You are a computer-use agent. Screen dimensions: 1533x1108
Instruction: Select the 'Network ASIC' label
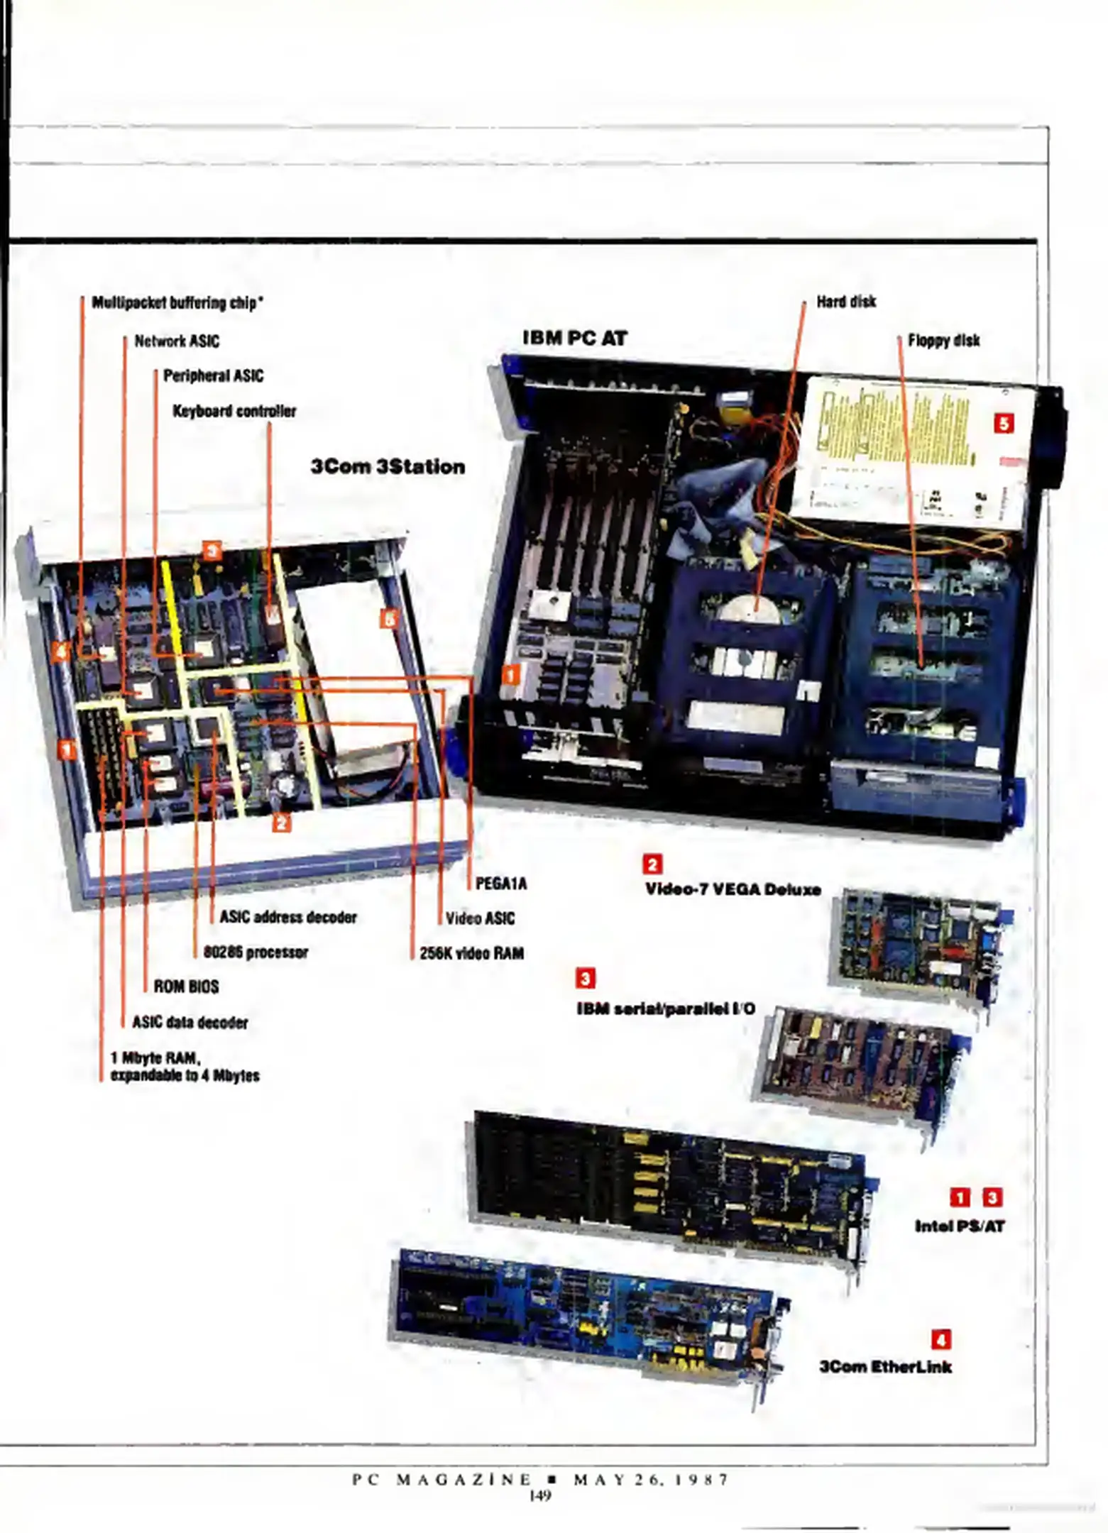click(x=177, y=341)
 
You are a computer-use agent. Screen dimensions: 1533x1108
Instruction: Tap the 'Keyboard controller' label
click(x=234, y=411)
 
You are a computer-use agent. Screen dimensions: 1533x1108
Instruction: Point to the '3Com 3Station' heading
click(x=388, y=466)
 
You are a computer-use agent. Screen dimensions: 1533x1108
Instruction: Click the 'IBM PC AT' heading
click(x=575, y=338)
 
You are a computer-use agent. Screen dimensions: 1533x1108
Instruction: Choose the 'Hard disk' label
click(x=846, y=302)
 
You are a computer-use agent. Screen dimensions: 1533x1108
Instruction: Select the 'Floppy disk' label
click(x=943, y=341)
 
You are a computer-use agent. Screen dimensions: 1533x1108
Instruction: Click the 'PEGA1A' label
click(x=501, y=884)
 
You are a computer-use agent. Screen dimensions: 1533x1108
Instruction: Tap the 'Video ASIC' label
click(x=480, y=918)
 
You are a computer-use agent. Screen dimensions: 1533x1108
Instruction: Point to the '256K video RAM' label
click(x=471, y=953)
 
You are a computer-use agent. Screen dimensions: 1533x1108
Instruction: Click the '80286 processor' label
click(x=256, y=952)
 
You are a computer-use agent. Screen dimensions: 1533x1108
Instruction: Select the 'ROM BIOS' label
click(x=186, y=987)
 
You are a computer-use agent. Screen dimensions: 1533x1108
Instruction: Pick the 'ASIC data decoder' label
click(x=190, y=1023)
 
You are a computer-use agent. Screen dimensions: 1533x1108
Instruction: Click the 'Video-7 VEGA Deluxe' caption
click(x=733, y=889)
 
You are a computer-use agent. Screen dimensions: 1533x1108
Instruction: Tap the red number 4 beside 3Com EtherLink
click(x=941, y=1339)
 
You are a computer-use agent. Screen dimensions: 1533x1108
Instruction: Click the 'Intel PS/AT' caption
click(x=960, y=1226)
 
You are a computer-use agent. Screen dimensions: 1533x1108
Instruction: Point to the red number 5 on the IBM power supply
click(x=1004, y=424)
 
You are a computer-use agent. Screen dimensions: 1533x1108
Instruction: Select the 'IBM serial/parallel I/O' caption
click(x=666, y=1009)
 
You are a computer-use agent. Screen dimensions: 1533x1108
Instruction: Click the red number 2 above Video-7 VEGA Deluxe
click(x=652, y=864)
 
